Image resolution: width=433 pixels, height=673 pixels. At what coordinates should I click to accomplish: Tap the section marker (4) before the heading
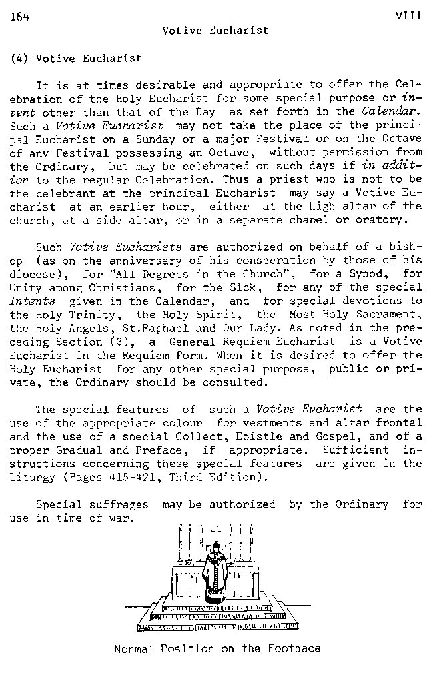click(x=19, y=59)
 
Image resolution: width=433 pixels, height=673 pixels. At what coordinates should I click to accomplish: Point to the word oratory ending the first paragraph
click(x=380, y=219)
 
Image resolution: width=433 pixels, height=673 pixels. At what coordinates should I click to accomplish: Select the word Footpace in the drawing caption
click(x=292, y=648)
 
